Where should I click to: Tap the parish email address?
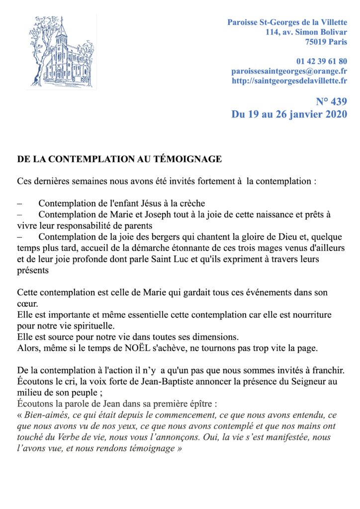[289, 71]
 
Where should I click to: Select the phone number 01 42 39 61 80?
[322, 62]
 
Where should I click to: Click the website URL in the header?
[289, 81]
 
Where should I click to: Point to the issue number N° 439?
[331, 102]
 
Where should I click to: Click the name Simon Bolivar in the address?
[322, 32]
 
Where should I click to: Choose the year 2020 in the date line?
[334, 114]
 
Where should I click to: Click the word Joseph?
[148, 214]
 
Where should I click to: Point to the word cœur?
[27, 303]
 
